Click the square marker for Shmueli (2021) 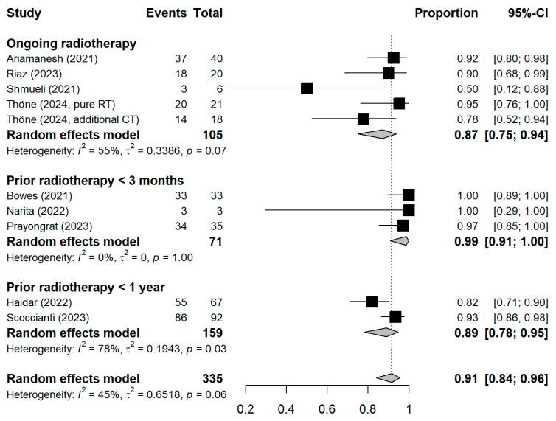[307, 88]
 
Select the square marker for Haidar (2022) [372, 302]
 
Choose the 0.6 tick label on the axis [327, 408]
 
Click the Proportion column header [446, 13]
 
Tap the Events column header [166, 13]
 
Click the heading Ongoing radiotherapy [71, 43]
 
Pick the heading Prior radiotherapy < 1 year [86, 286]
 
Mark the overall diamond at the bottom [388, 378]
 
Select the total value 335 [212, 378]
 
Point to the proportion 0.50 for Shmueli [466, 88]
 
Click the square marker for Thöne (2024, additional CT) [363, 119]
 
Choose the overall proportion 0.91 [465, 378]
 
